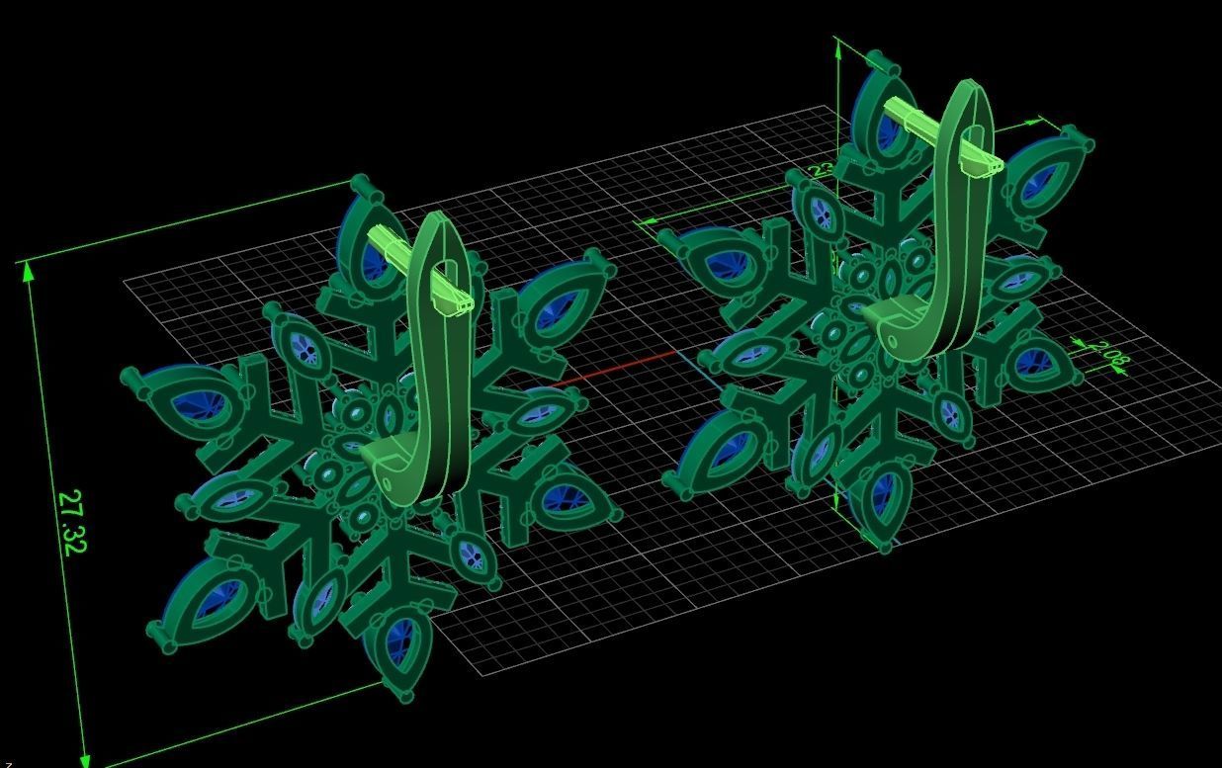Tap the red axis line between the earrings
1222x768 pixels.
(613, 368)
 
